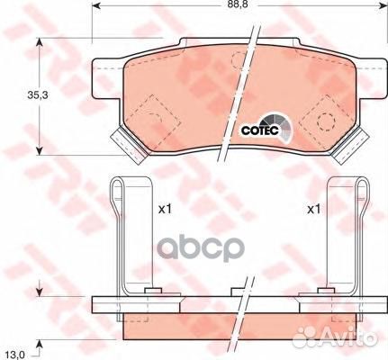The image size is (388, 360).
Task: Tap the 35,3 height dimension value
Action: [x=38, y=95]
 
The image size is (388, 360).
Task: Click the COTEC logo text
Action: [x=260, y=130]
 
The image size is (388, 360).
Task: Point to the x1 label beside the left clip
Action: [x=165, y=209]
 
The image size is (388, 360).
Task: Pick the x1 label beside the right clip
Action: [x=314, y=209]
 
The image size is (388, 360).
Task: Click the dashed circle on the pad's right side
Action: [x=326, y=121]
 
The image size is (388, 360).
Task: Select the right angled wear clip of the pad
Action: [x=350, y=145]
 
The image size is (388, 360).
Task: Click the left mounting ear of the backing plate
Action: [x=107, y=78]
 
